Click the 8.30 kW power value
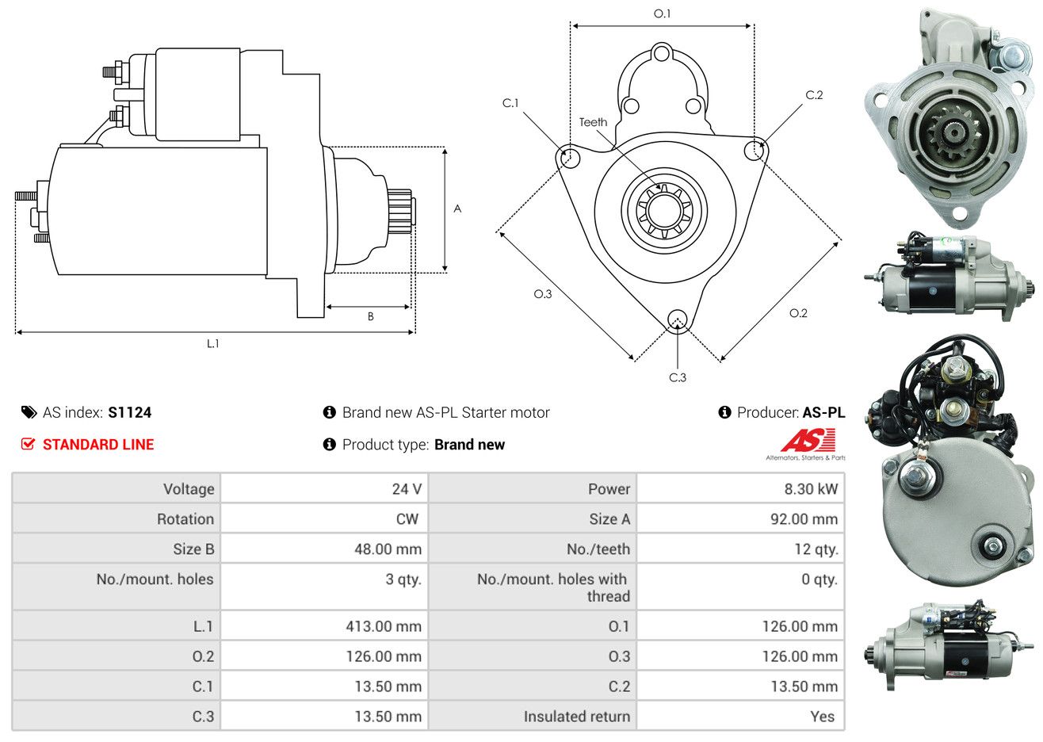click(x=811, y=489)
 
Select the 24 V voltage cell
click(x=407, y=489)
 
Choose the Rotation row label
click(x=185, y=519)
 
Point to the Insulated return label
click(x=576, y=717)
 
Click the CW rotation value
click(x=407, y=519)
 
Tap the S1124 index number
click(x=130, y=412)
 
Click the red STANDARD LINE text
click(x=98, y=445)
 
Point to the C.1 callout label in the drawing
click(x=510, y=103)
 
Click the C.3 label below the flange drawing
click(x=678, y=377)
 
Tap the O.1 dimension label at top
click(x=662, y=13)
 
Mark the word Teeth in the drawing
click(x=593, y=122)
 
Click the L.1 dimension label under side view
click(x=212, y=343)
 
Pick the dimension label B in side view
click(x=370, y=316)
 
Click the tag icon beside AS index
click(x=29, y=412)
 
